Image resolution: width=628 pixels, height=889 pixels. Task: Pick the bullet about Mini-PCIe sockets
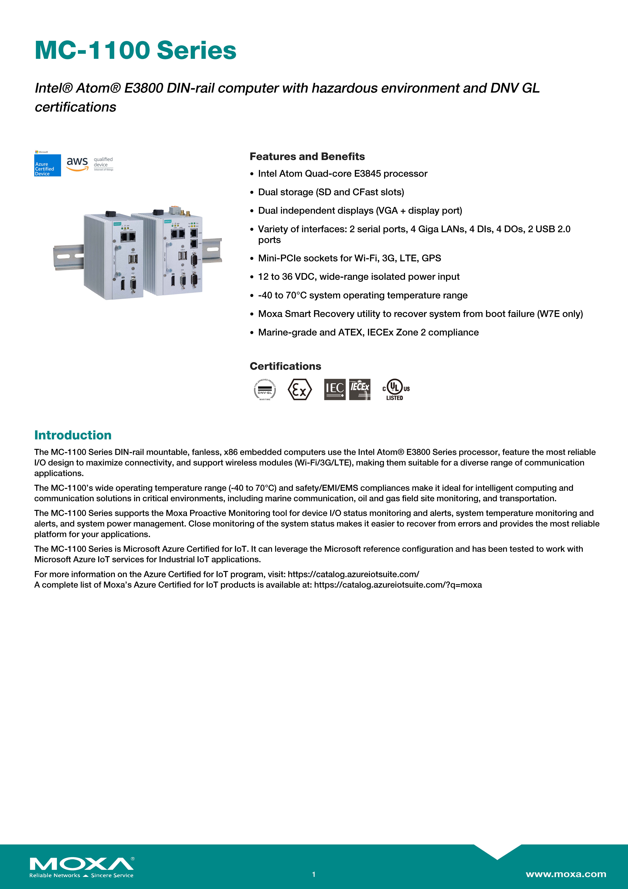(349, 258)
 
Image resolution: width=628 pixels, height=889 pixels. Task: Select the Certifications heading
(285, 366)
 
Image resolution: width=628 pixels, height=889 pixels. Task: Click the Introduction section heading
(73, 435)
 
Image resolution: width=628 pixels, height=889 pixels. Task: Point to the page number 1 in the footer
(314, 874)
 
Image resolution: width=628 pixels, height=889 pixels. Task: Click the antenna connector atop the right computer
(188, 213)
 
